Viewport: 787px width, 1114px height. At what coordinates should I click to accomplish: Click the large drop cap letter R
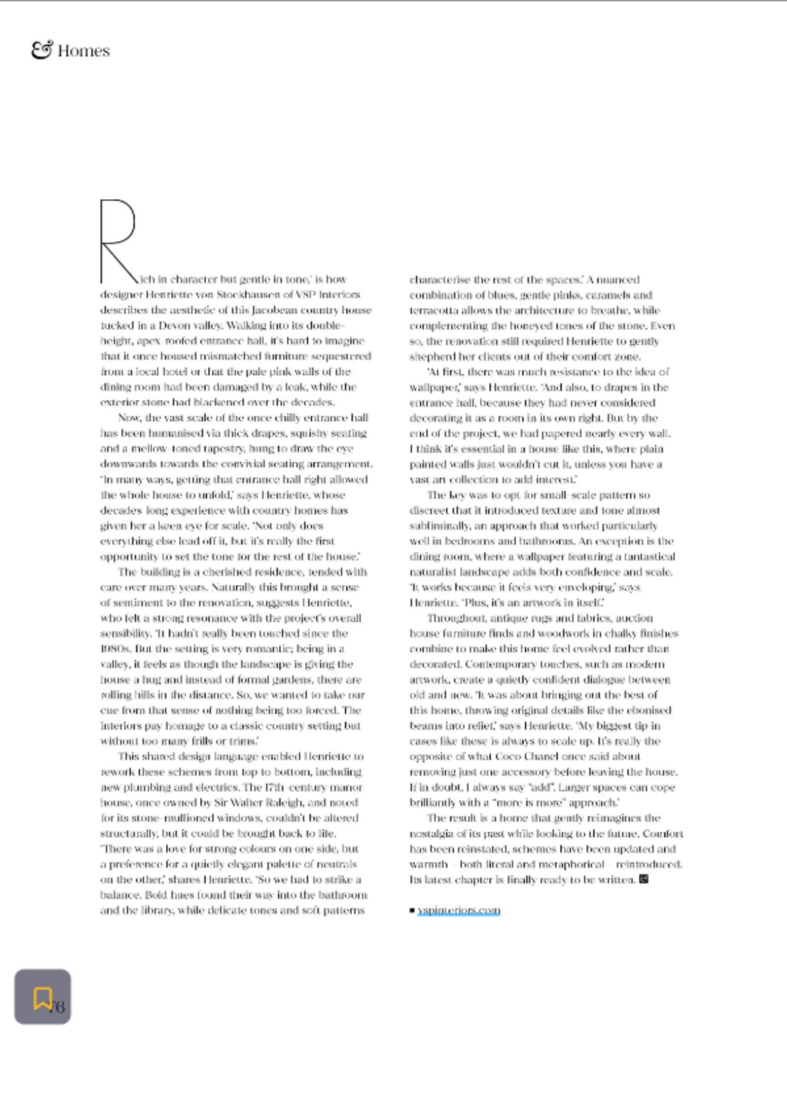point(118,240)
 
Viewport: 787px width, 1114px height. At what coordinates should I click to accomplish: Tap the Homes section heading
point(84,51)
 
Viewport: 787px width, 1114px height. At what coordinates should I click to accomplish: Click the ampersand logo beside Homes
point(42,50)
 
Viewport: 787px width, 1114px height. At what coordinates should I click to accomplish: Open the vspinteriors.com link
point(459,910)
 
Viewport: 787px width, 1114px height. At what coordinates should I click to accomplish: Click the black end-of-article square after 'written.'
point(643,879)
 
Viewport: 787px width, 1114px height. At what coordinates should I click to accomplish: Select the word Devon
point(174,325)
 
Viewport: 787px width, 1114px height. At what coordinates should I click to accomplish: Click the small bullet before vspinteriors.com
point(412,910)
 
